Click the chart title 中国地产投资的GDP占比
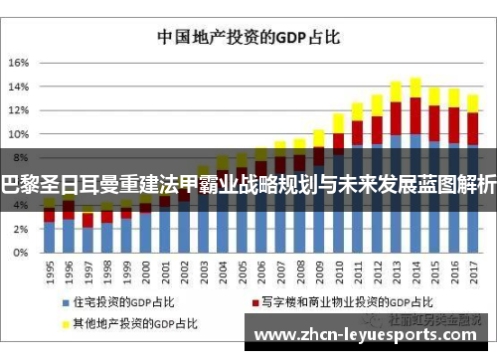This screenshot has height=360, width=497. click(249, 38)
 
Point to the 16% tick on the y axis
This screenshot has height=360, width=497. click(20, 62)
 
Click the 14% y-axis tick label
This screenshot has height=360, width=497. click(20, 86)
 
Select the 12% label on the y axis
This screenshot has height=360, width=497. click(20, 109)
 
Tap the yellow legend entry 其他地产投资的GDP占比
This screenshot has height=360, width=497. click(129, 323)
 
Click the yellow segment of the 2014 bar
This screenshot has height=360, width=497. click(415, 88)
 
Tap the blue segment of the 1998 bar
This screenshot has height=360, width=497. click(106, 238)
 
